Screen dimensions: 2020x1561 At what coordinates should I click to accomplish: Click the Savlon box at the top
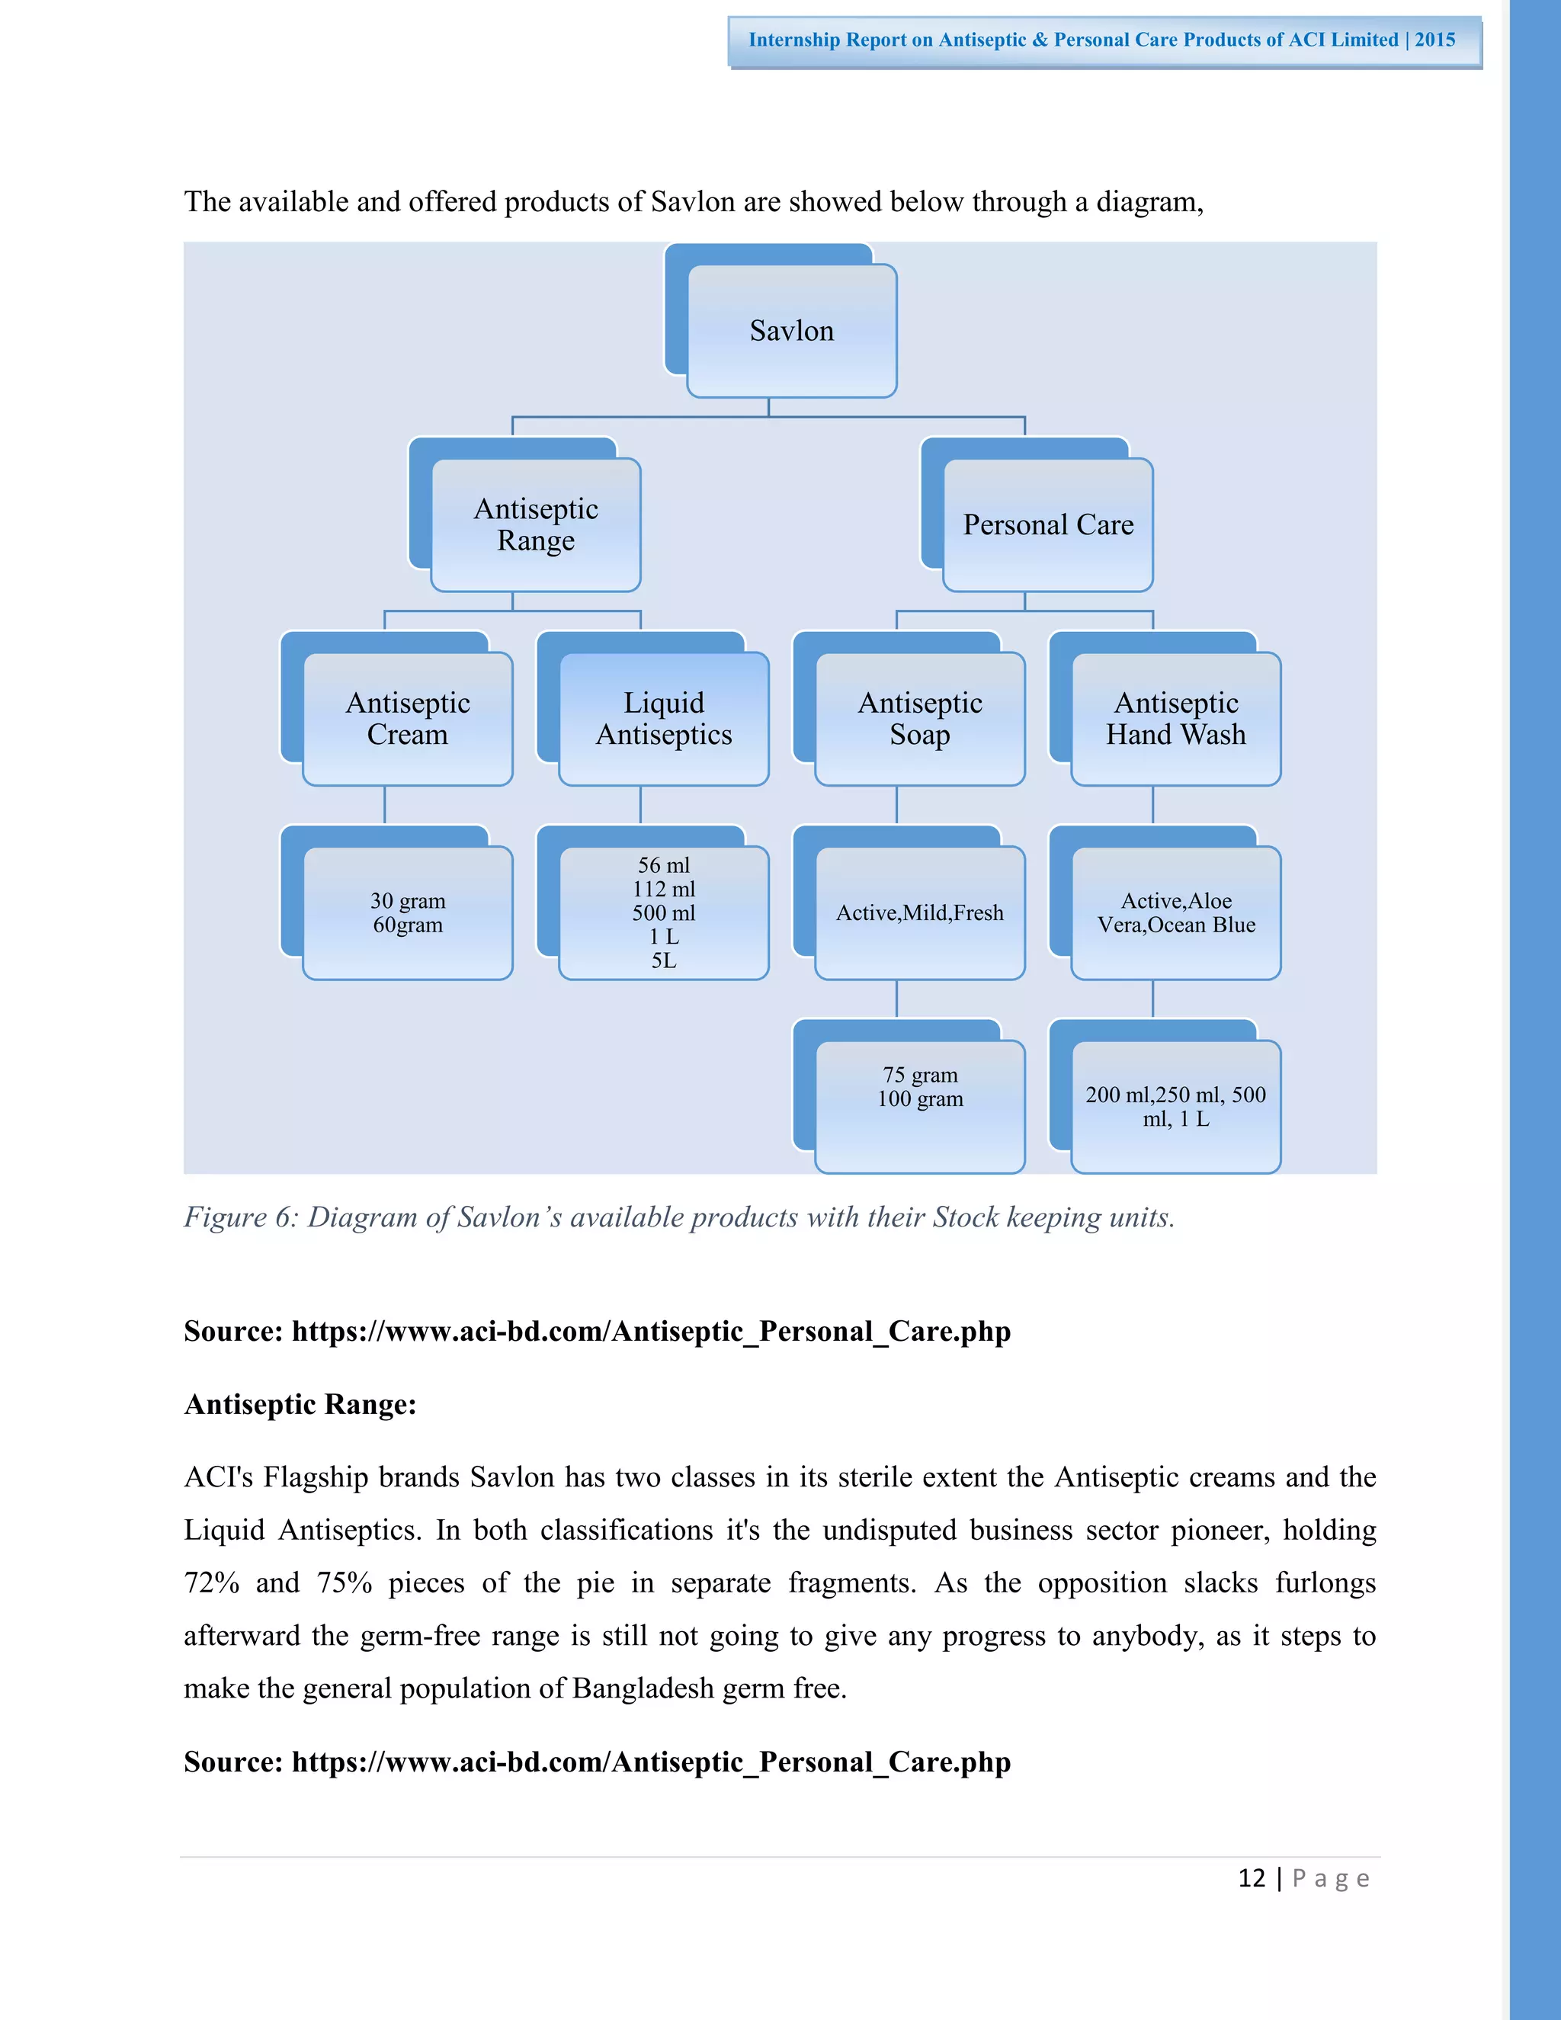tap(792, 331)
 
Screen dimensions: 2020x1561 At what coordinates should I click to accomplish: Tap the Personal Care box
tap(1048, 524)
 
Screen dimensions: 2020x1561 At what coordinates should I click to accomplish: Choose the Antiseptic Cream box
tap(407, 719)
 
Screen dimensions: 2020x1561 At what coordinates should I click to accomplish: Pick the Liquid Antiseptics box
tap(663, 719)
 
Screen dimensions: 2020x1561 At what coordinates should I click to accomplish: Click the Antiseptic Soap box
tap(919, 719)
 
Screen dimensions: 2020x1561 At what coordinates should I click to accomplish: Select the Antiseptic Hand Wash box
tap(1175, 719)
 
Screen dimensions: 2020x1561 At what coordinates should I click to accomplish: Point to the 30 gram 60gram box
tap(407, 913)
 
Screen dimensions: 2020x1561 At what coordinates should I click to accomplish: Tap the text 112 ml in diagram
tap(663, 889)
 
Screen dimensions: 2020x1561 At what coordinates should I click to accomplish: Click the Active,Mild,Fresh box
tap(919, 913)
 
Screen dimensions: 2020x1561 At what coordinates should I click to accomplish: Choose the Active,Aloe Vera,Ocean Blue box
tap(1175, 913)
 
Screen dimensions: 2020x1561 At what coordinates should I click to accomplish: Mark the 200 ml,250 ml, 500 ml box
tap(1175, 1106)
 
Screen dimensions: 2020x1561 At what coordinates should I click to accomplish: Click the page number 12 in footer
tap(1252, 1878)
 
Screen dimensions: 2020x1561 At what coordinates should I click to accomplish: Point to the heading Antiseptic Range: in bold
tap(300, 1404)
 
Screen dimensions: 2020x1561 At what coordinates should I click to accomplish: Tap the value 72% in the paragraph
tap(212, 1582)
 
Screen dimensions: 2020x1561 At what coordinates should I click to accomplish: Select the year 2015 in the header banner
tap(1434, 40)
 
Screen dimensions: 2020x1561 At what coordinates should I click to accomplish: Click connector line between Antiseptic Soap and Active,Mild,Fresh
tap(897, 805)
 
